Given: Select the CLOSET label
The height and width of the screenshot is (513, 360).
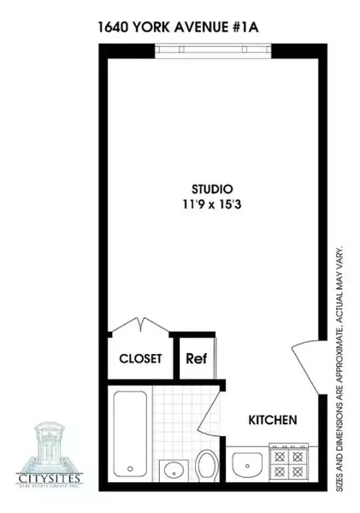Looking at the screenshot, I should tap(139, 359).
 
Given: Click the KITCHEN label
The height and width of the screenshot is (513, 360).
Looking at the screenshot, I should tap(273, 421).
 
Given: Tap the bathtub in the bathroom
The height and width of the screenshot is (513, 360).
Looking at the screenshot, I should tap(131, 434).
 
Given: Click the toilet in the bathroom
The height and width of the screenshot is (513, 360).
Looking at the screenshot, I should tap(208, 466).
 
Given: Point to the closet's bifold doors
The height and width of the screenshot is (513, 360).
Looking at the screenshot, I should tap(139, 328).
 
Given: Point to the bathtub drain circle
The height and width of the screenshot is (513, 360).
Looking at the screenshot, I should tap(130, 469).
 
